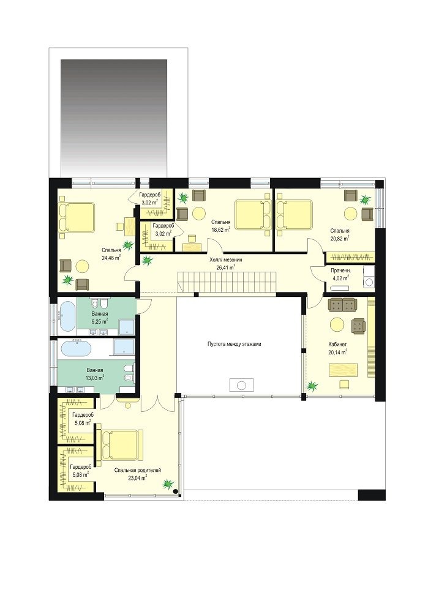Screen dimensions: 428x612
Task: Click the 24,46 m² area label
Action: click(x=111, y=257)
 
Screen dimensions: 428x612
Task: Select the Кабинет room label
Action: click(x=338, y=344)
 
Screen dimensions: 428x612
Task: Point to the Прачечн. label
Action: click(x=340, y=271)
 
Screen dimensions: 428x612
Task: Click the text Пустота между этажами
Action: click(x=234, y=344)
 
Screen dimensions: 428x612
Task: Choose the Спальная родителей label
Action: click(x=137, y=470)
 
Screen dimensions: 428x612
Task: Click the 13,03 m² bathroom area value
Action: click(x=95, y=378)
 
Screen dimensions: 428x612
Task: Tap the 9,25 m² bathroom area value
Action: click(x=100, y=321)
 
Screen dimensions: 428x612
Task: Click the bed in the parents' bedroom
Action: click(x=121, y=446)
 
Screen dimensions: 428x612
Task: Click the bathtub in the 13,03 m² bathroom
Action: click(x=77, y=348)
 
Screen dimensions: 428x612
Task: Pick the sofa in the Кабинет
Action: click(x=342, y=305)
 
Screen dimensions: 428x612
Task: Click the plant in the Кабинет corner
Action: click(x=312, y=386)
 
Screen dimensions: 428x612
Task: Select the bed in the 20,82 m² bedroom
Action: click(x=295, y=214)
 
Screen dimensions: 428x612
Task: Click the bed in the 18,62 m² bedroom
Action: click(x=253, y=214)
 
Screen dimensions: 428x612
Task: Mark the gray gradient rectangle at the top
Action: click(x=114, y=119)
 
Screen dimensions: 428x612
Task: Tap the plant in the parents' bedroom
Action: click(x=168, y=484)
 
